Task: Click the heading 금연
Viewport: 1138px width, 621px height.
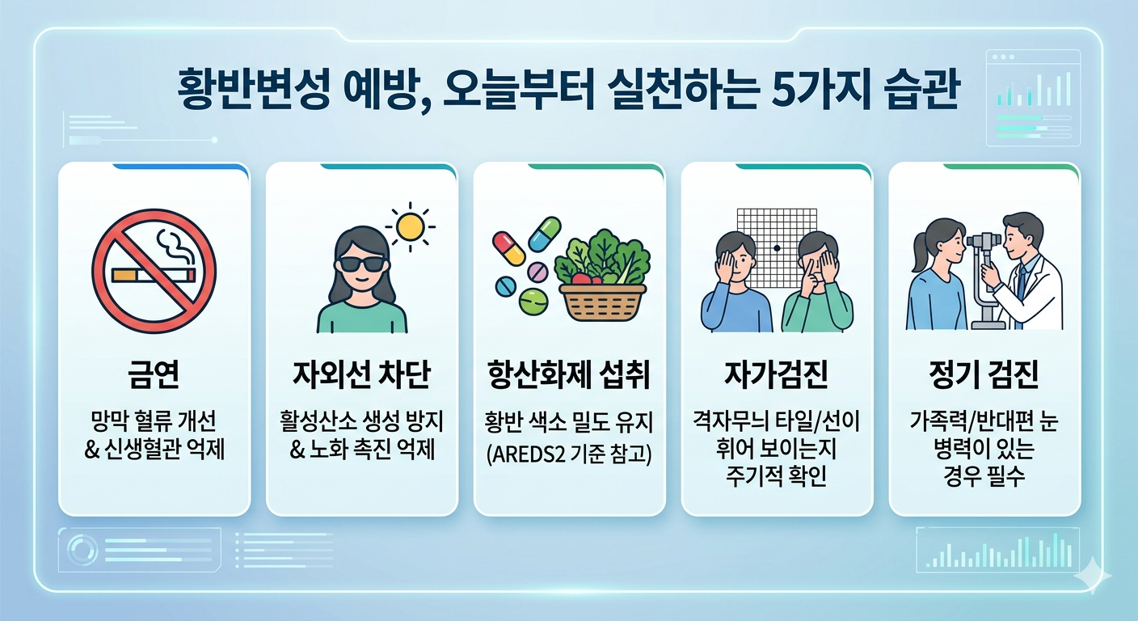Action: click(154, 374)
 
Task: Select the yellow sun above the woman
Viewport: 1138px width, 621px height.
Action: click(411, 227)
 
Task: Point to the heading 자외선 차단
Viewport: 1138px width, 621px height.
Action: click(361, 374)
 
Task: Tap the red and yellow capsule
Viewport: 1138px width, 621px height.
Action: click(509, 247)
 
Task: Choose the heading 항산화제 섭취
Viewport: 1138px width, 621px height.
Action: click(569, 374)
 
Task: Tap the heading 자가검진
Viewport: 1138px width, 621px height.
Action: click(776, 374)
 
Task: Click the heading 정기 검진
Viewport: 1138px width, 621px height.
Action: click(984, 374)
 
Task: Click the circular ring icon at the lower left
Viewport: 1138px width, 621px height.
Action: click(82, 551)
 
